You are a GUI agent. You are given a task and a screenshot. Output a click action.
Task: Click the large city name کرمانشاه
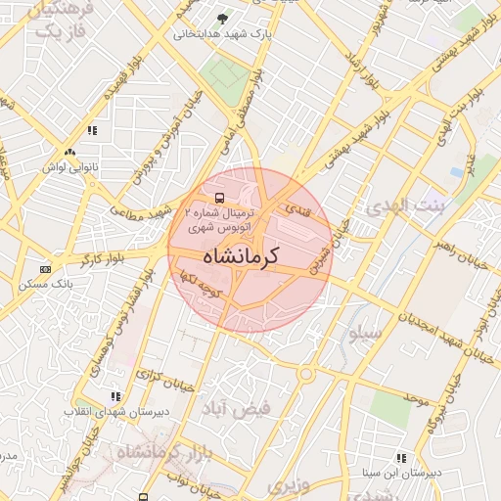tap(241, 256)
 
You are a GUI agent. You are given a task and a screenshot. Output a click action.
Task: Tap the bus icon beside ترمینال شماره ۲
tap(218, 196)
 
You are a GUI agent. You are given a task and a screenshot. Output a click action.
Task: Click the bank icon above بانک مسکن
tap(45, 269)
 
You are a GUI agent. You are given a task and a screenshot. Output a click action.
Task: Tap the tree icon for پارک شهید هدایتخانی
tap(223, 19)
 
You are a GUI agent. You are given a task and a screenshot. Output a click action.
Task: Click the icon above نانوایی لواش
tap(69, 152)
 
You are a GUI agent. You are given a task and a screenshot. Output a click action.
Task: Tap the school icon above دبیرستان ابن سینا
tap(401, 457)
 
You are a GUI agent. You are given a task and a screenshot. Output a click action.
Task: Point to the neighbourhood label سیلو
tap(363, 334)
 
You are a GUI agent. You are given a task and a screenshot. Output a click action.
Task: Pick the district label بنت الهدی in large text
tap(403, 207)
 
